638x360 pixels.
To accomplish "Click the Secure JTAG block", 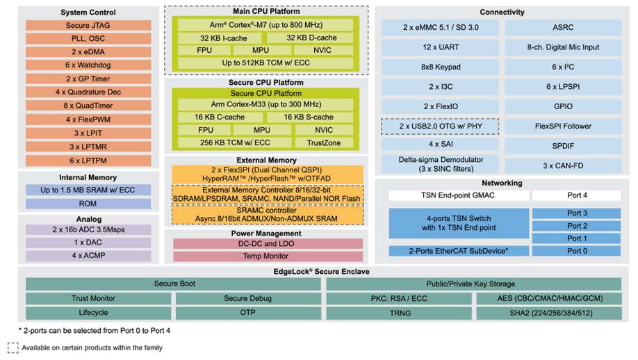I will tap(88, 26).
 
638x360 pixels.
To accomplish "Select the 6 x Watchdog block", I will tap(88, 65).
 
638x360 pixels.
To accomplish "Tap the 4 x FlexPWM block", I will tap(88, 119).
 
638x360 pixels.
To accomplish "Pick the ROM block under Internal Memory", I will tap(88, 204).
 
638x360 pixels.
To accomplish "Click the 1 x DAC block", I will tap(88, 243).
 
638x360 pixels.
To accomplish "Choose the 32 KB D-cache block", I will tap(312, 38).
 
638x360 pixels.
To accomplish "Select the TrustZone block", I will tap(324, 142).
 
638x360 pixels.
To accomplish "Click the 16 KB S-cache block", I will tap(309, 117).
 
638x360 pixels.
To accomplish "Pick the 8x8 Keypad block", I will tap(441, 67).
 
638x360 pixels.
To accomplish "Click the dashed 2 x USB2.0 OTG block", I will tap(441, 126).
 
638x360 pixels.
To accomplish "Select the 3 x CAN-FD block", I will tap(563, 165).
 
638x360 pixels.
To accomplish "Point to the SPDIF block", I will tap(563, 146).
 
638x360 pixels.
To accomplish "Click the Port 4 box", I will tap(576, 195).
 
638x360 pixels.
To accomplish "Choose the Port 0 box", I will tap(576, 251).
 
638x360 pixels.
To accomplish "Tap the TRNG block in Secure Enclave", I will tap(400, 313).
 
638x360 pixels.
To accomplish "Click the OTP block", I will tap(247, 313).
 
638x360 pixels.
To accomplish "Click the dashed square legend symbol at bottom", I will tap(13, 347).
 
